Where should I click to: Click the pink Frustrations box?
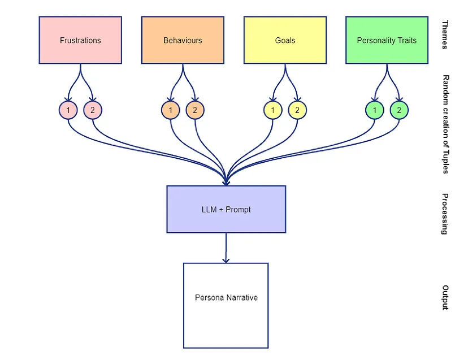pyautogui.click(x=80, y=40)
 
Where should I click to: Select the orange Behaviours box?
pyautogui.click(x=183, y=40)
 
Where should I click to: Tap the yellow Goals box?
pyautogui.click(x=285, y=40)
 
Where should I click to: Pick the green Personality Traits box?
pyautogui.click(x=387, y=40)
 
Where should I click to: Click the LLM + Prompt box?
pyautogui.click(x=226, y=209)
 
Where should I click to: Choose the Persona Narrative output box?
pyautogui.click(x=226, y=297)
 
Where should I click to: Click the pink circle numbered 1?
pyautogui.click(x=68, y=110)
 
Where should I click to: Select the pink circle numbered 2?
pyautogui.click(x=93, y=110)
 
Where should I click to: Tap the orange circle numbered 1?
pyautogui.click(x=170, y=110)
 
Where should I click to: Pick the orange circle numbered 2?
pyautogui.click(x=195, y=110)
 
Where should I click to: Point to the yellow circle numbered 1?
pyautogui.click(x=272, y=110)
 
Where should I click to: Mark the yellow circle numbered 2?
pyautogui.click(x=297, y=110)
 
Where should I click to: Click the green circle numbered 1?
pyautogui.click(x=375, y=110)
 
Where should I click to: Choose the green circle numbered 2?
pyautogui.click(x=399, y=110)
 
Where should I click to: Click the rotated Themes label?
pyautogui.click(x=445, y=35)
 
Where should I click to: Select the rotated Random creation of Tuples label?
pyautogui.click(x=445, y=124)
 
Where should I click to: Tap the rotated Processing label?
pyautogui.click(x=445, y=214)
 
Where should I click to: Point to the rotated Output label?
pyautogui.click(x=445, y=297)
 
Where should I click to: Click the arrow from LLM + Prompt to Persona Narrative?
pyautogui.click(x=226, y=248)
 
